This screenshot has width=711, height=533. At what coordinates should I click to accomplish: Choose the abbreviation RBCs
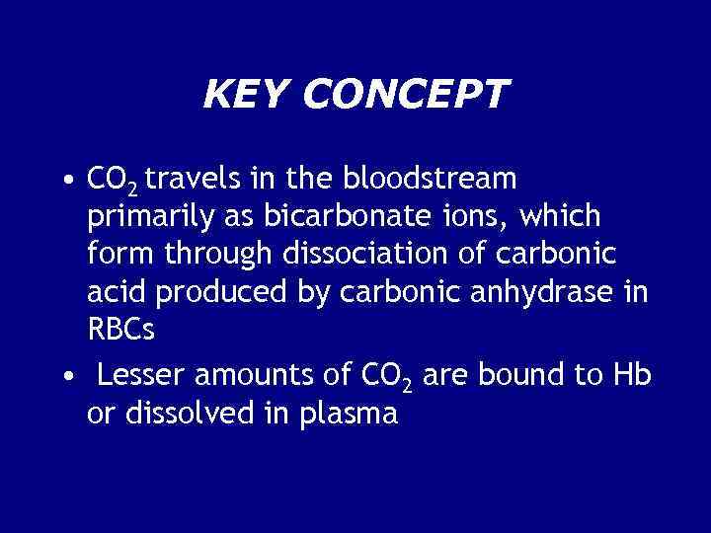click(x=121, y=330)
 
